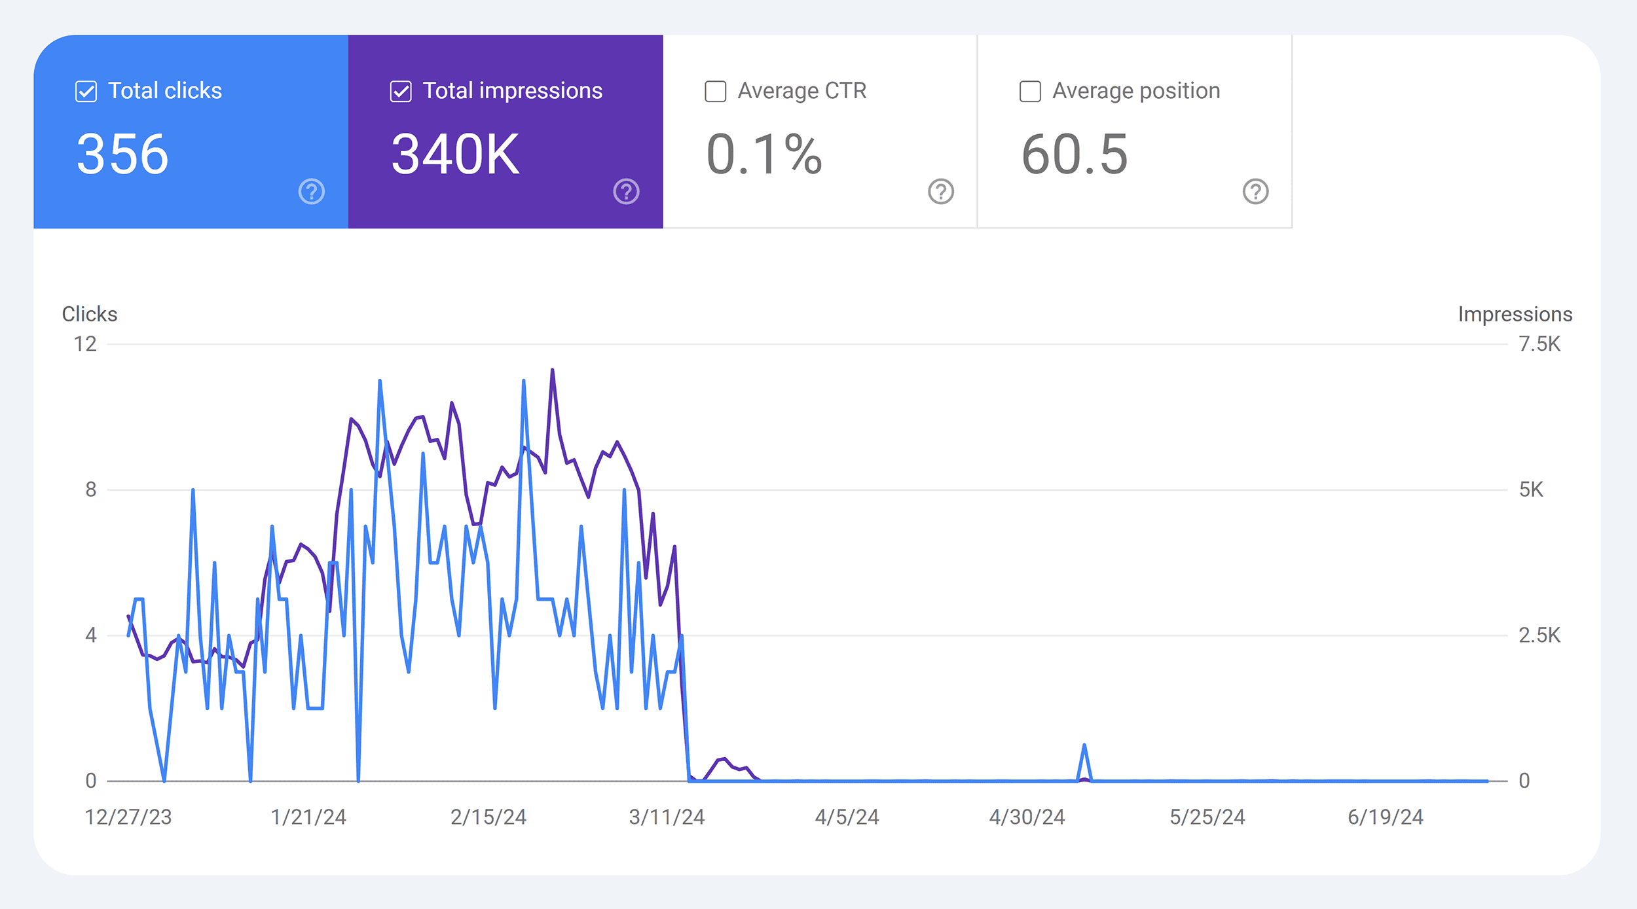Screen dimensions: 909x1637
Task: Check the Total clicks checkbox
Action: tap(86, 92)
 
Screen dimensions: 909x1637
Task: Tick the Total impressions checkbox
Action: tap(401, 92)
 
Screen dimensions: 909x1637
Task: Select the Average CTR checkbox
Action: tap(715, 92)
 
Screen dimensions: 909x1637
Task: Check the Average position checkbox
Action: tap(1030, 92)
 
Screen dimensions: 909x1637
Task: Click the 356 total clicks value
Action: tap(122, 154)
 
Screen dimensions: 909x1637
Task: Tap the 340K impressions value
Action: tap(455, 154)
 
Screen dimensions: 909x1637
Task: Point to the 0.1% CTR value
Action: tap(763, 154)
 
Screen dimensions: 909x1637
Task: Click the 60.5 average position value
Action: tap(1075, 154)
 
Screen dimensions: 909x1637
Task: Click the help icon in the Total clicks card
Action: tap(312, 192)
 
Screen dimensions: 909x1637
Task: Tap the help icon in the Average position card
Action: tap(1255, 192)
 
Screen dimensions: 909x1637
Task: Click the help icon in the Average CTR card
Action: tap(941, 192)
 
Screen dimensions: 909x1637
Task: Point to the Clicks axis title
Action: tap(90, 314)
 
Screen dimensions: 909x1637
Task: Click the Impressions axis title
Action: tap(1515, 314)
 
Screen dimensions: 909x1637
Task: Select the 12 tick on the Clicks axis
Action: tap(85, 344)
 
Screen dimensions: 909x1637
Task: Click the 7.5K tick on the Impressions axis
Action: tap(1539, 344)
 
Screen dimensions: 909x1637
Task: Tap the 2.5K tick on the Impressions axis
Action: tap(1539, 635)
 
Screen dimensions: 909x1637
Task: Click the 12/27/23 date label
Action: tap(128, 817)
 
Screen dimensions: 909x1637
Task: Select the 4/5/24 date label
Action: tap(847, 817)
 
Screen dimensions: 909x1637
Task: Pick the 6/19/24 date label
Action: tap(1385, 817)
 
